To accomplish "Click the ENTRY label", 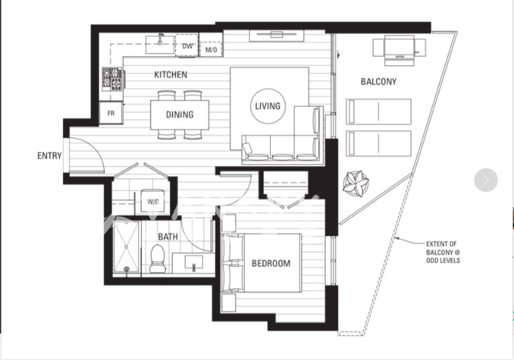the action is pyautogui.click(x=49, y=156).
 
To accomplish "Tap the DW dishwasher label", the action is pyautogui.click(x=188, y=46).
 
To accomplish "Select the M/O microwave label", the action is pyautogui.click(x=211, y=50).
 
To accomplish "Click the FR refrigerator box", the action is pyautogui.click(x=111, y=113).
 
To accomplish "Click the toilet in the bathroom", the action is pyautogui.click(x=157, y=258).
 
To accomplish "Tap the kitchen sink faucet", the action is pyautogui.click(x=160, y=39).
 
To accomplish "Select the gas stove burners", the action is pyautogui.click(x=112, y=78).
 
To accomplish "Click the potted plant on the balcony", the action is pyautogui.click(x=356, y=183).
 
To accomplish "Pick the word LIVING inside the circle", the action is pyautogui.click(x=268, y=106).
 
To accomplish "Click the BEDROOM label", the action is pyautogui.click(x=271, y=264).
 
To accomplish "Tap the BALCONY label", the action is pyautogui.click(x=378, y=82).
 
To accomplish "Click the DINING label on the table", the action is pyautogui.click(x=180, y=114).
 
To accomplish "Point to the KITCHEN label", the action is pyautogui.click(x=171, y=75).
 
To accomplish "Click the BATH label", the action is pyautogui.click(x=168, y=237).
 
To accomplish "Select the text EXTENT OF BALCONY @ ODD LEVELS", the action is pyautogui.click(x=443, y=252).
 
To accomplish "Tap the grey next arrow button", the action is pyautogui.click(x=486, y=180).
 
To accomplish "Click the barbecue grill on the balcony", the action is pyautogui.click(x=399, y=50).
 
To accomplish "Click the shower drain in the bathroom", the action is pyautogui.click(x=127, y=269).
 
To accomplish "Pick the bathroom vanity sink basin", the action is pyautogui.click(x=194, y=262).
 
